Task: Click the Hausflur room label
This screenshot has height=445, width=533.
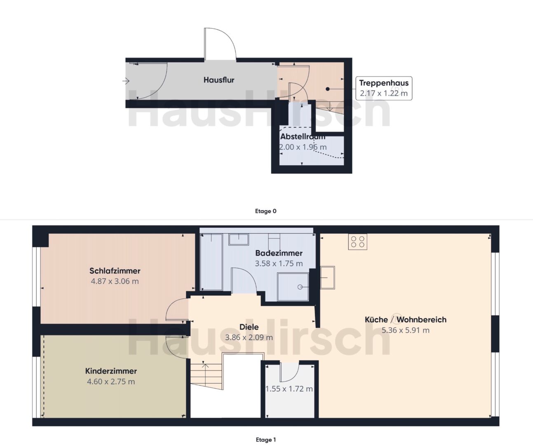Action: click(219, 80)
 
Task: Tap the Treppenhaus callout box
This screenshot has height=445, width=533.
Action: click(384, 88)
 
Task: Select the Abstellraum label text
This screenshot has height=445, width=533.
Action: click(303, 136)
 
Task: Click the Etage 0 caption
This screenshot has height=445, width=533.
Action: click(266, 211)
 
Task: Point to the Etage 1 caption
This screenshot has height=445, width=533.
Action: click(266, 439)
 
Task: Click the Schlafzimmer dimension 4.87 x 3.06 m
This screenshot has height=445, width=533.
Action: click(115, 281)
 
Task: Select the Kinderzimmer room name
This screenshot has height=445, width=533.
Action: click(111, 371)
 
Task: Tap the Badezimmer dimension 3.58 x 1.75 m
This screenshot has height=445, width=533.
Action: click(279, 263)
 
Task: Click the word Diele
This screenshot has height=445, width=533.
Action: click(249, 327)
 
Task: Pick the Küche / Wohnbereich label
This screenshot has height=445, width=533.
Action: click(406, 319)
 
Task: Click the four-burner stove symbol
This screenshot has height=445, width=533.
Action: click(358, 241)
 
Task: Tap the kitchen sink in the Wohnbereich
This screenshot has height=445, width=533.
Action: click(328, 278)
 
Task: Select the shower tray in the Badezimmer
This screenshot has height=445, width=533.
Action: click(293, 287)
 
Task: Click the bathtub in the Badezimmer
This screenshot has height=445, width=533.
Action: click(211, 262)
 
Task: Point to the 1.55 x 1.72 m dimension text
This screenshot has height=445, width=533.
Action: click(289, 389)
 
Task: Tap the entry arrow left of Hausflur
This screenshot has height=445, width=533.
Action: click(126, 81)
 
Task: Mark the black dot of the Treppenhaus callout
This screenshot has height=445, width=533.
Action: click(328, 89)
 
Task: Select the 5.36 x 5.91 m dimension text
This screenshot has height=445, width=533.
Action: click(406, 330)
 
